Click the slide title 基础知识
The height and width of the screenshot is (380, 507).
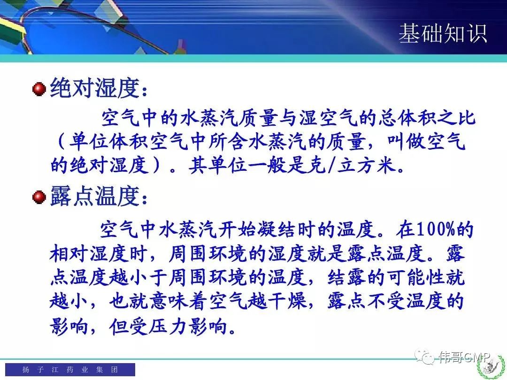(x=443, y=33)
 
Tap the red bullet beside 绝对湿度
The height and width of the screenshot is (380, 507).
(x=39, y=89)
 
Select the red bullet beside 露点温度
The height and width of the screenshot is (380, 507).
(x=39, y=197)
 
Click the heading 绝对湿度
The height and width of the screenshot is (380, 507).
(x=95, y=88)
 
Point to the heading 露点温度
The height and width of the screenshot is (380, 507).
(x=95, y=196)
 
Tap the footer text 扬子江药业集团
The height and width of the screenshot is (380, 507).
(x=70, y=369)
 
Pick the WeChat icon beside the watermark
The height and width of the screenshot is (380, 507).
(x=424, y=357)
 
